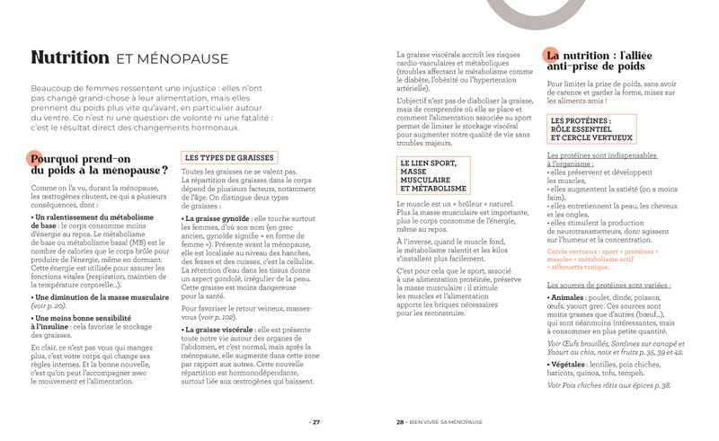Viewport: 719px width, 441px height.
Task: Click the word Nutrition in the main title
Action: tap(70, 57)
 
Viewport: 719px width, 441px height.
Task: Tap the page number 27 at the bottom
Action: tap(315, 421)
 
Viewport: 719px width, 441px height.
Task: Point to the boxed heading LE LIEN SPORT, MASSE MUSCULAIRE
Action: tap(433, 176)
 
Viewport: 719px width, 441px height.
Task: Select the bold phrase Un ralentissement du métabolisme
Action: tap(93, 217)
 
